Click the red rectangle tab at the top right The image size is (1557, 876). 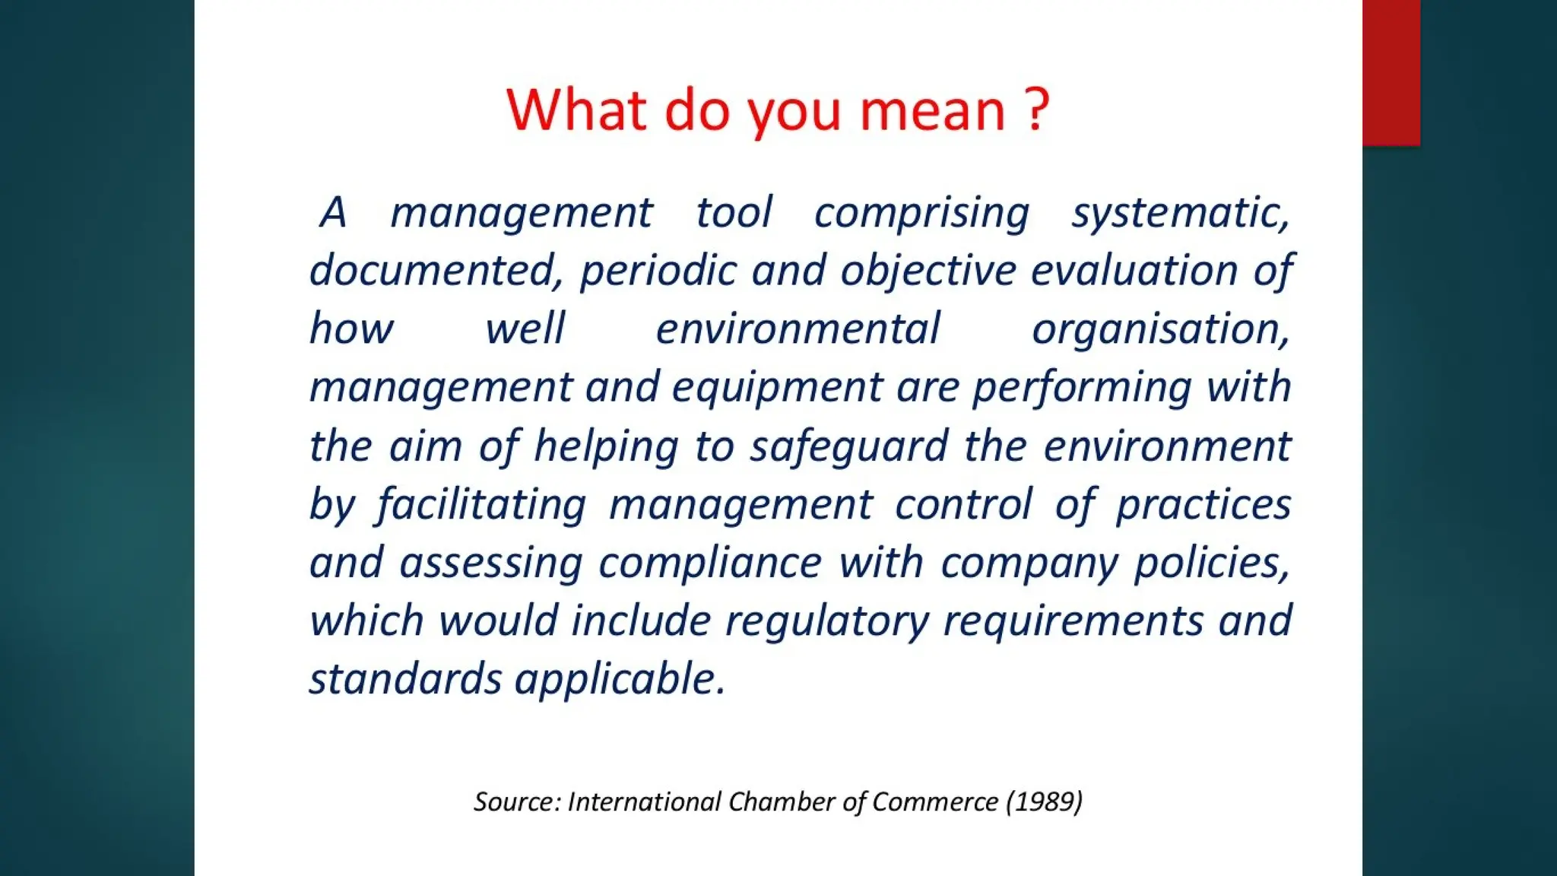[x=1391, y=72]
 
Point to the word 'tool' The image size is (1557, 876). [x=734, y=212]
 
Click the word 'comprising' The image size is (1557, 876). [x=921, y=214]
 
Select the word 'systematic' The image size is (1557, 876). [x=1179, y=214]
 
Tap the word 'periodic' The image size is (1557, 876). [x=658, y=271]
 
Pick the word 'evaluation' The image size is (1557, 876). [x=1134, y=271]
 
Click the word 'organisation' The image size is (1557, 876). [x=1159, y=330]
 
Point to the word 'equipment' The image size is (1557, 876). [x=777, y=389]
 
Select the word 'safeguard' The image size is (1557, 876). [x=849, y=447]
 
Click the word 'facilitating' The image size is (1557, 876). [x=482, y=506]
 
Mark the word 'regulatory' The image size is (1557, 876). [x=826, y=622]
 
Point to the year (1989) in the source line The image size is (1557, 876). [x=1044, y=802]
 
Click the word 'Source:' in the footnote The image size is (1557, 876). [x=517, y=802]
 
